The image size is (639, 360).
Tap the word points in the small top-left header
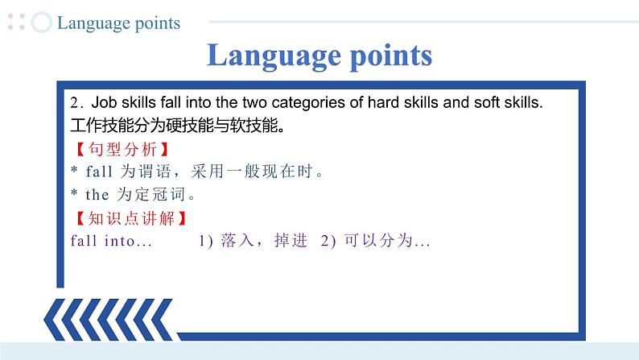pyautogui.click(x=157, y=23)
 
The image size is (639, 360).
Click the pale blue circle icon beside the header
pyautogui.click(x=42, y=22)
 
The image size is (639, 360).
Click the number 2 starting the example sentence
pyautogui.click(x=74, y=103)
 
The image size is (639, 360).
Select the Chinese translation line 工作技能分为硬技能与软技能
pyautogui.click(x=177, y=125)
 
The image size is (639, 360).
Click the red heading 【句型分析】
pyautogui.click(x=122, y=149)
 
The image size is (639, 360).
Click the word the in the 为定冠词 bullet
pyautogui.click(x=97, y=195)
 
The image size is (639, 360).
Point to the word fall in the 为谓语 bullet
pyautogui.click(x=99, y=172)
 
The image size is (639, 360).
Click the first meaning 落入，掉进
pyautogui.click(x=264, y=241)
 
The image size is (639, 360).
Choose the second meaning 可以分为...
pyautogui.click(x=378, y=241)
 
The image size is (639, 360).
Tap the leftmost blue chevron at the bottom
pyautogui.click(x=55, y=320)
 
